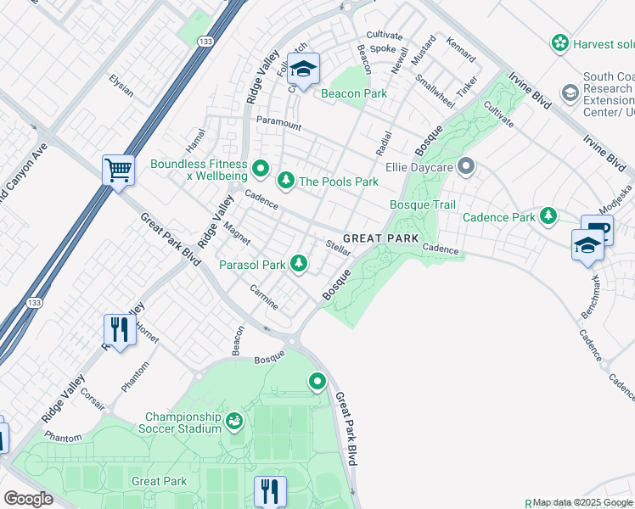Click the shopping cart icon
[118, 169]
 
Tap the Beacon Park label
[353, 93]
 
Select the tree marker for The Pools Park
[285, 179]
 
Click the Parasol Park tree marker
[298, 264]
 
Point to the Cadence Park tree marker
[548, 216]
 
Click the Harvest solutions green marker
[559, 42]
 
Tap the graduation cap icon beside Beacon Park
[303, 69]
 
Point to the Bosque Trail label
[422, 205]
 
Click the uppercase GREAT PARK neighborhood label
[380, 239]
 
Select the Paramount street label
[278, 125]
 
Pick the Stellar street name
[339, 248]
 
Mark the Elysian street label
[121, 85]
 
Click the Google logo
[28, 498]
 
